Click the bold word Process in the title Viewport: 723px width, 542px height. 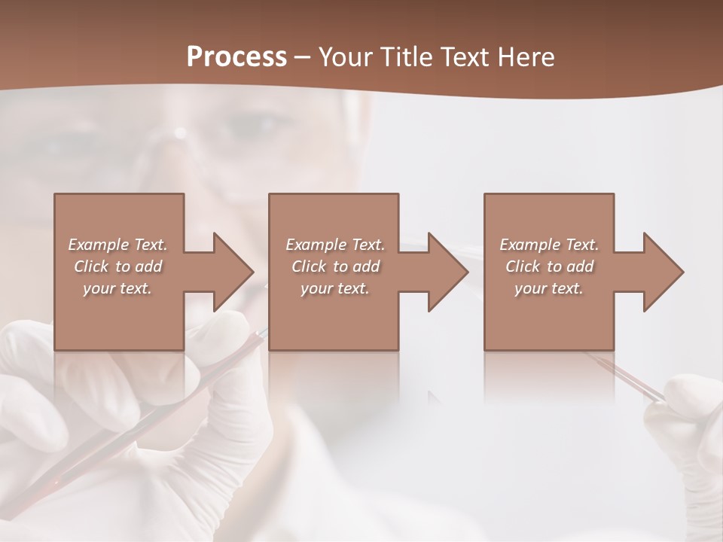tap(236, 57)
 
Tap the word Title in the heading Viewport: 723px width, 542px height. tap(406, 57)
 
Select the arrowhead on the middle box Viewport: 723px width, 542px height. tap(447, 272)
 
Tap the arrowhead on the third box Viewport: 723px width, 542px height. tap(662, 272)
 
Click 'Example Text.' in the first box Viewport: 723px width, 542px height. tap(117, 245)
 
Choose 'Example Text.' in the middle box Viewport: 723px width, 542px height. tap(335, 245)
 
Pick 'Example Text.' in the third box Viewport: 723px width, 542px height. tap(549, 245)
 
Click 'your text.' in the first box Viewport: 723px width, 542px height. tap(117, 288)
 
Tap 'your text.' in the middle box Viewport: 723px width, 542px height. tap(335, 288)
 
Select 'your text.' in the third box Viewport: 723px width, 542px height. tap(549, 288)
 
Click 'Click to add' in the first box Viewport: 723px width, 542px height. tap(117, 266)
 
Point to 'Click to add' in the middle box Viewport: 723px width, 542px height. tap(335, 266)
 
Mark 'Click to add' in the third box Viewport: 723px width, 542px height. tap(549, 266)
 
